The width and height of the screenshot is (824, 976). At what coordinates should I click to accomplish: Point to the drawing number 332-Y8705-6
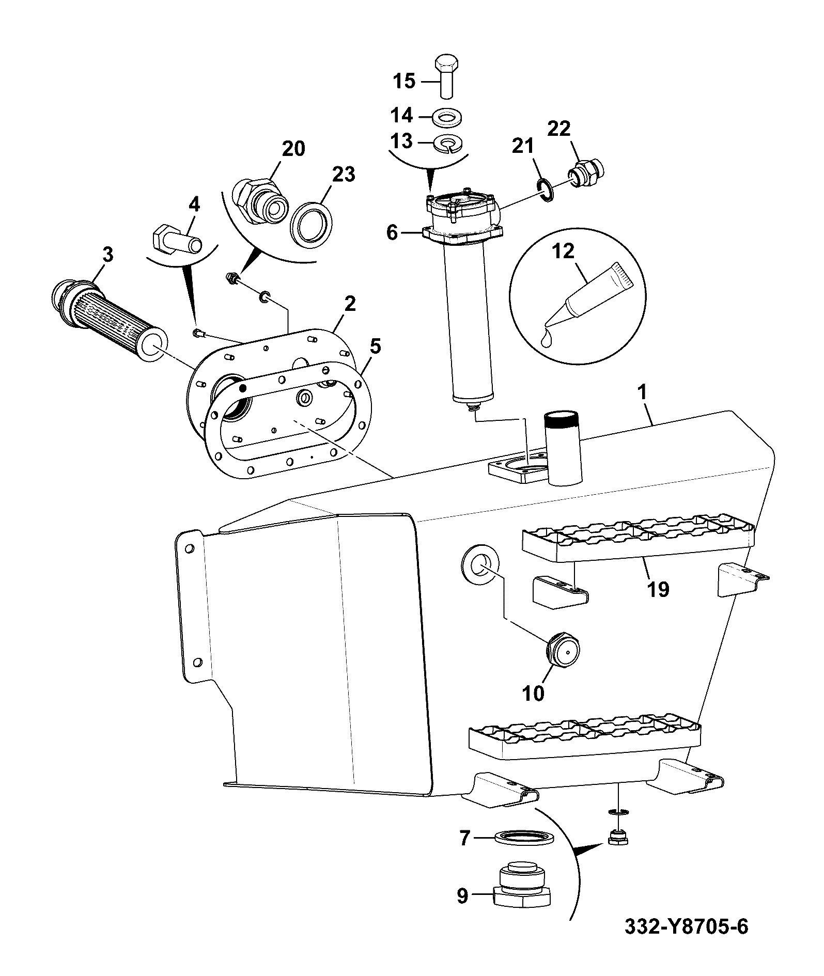(686, 941)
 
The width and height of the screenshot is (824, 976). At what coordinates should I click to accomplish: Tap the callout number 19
(658, 589)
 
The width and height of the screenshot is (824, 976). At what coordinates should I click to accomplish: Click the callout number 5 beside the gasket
(376, 347)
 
